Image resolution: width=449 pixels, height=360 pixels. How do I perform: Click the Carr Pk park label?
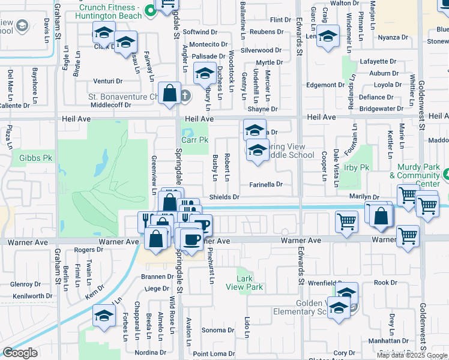point(194,139)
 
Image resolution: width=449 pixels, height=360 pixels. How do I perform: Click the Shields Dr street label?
point(224,197)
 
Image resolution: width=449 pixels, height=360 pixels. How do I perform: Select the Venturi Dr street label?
point(108,81)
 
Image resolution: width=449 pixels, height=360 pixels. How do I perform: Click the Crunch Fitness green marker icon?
point(151,10)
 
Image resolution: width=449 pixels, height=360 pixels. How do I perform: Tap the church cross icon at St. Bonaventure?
point(185,95)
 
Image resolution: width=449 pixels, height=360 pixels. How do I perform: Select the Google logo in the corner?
point(20,353)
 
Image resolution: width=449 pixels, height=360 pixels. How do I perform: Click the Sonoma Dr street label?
point(217,331)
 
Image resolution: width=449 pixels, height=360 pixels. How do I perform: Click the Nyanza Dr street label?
point(393,37)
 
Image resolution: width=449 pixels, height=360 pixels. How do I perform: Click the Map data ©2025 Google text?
point(412,355)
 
